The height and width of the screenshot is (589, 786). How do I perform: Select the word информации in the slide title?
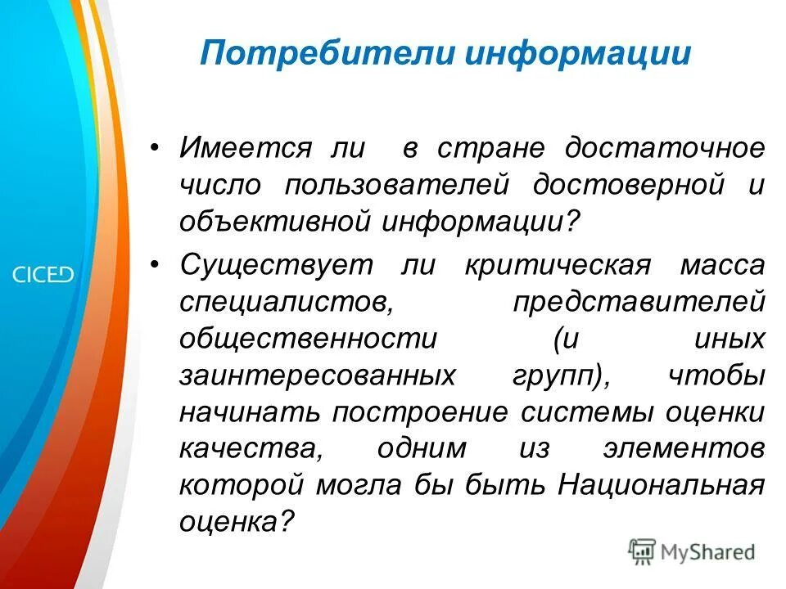tap(578, 55)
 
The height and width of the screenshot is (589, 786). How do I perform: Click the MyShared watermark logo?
tap(692, 552)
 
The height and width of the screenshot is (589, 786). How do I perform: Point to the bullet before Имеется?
tap(156, 150)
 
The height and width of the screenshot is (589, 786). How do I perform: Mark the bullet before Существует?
tap(156, 266)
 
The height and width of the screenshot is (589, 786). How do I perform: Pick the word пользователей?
tap(397, 185)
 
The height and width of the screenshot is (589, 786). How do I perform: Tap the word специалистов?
tap(283, 302)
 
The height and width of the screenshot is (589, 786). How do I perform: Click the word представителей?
tap(639, 302)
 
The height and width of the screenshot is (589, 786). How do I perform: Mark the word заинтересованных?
tap(317, 375)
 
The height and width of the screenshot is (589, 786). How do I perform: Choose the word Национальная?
tap(662, 484)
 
